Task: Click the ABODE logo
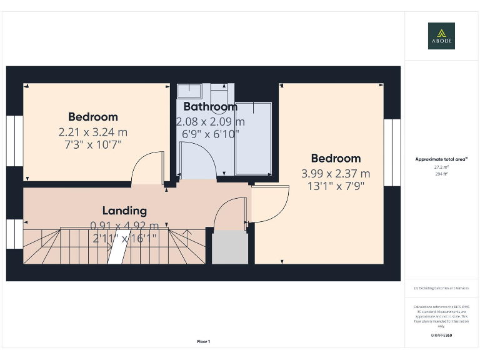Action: click(x=441, y=36)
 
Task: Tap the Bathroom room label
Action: click(x=210, y=107)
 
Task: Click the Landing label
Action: click(x=124, y=211)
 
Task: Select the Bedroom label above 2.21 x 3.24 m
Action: click(x=92, y=117)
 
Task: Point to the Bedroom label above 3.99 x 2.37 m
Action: click(x=336, y=159)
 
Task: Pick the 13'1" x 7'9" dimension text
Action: click(x=336, y=186)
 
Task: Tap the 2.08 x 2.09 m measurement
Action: click(x=210, y=121)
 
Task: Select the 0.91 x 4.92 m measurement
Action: click(x=124, y=226)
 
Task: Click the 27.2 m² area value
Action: click(x=441, y=167)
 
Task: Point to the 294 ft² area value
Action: click(x=441, y=174)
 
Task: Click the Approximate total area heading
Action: click(x=441, y=159)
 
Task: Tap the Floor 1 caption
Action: click(x=204, y=341)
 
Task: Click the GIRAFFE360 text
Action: click(x=441, y=336)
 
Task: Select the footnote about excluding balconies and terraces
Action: click(x=441, y=288)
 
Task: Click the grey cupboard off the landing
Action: click(x=229, y=247)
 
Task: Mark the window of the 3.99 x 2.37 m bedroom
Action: click(x=392, y=152)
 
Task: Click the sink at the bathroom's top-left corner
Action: click(x=189, y=90)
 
